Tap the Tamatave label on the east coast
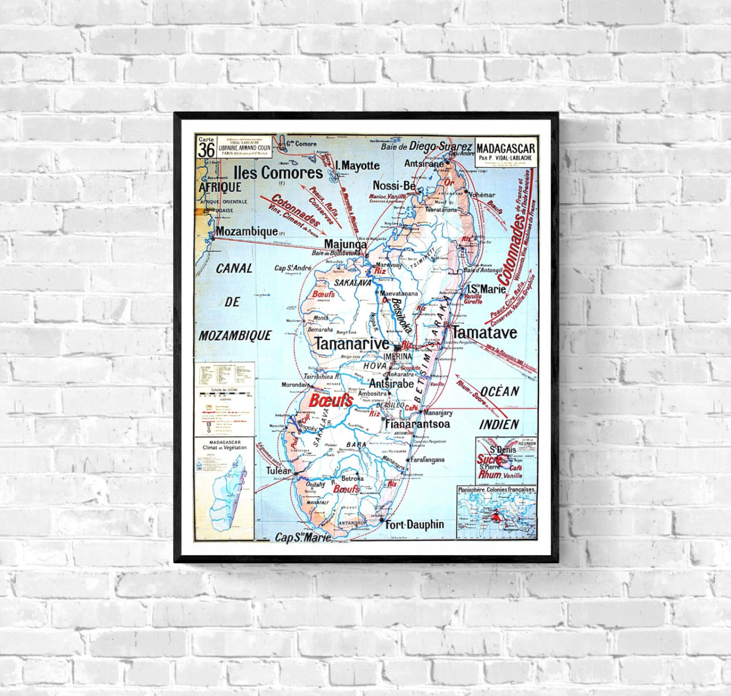pyautogui.click(x=484, y=332)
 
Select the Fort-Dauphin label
pyautogui.click(x=414, y=524)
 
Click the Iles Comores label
pyautogui.click(x=277, y=172)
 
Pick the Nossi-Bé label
pyautogui.click(x=394, y=185)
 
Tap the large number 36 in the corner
pyautogui.click(x=206, y=150)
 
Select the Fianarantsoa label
pyautogui.click(x=417, y=424)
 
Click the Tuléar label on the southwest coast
pyautogui.click(x=279, y=471)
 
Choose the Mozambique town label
pyautogui.click(x=246, y=232)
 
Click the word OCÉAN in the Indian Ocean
pyautogui.click(x=499, y=391)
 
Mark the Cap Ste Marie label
pyautogui.click(x=302, y=537)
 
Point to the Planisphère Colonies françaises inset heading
pyautogui.click(x=496, y=489)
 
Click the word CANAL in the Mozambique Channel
pyautogui.click(x=233, y=268)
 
